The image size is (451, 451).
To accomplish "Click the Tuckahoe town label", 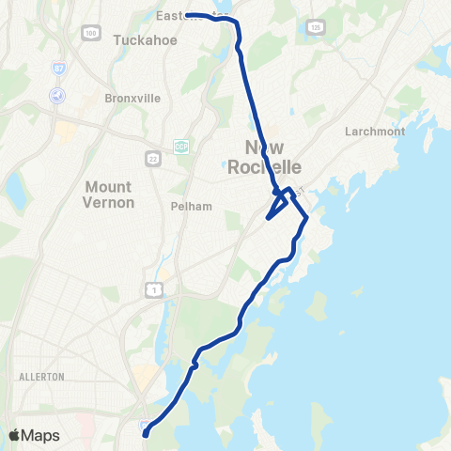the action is pos(138,39).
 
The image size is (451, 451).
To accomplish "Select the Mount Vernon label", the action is pos(110,194).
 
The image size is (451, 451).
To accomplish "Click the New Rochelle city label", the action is pos(272,156).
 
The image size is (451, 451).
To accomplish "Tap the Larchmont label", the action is pos(375,132).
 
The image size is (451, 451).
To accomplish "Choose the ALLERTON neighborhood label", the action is pos(40,376).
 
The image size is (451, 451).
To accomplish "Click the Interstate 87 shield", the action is pos(58,70).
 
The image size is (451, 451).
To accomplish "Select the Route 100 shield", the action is pos(90,33).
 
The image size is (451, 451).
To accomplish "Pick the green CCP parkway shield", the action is pos(180,146).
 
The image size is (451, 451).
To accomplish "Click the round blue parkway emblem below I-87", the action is pos(57,95).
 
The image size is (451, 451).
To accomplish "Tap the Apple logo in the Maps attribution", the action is pos(14,435).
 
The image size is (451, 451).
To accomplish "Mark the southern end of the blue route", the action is pos(146,434).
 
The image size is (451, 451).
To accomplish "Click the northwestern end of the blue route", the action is pos(188,15).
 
